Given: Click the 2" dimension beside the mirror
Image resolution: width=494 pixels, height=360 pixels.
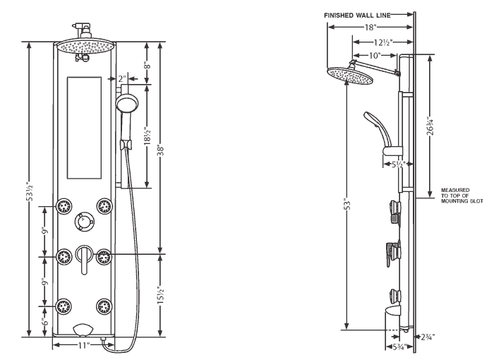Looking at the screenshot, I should point(122,78).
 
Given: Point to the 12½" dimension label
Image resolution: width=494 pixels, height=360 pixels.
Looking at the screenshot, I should point(382,42).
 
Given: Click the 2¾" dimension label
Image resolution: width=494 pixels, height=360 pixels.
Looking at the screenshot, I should point(428,337).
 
